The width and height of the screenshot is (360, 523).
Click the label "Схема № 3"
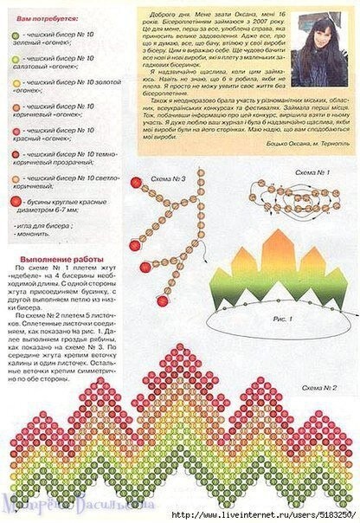coord(168,179)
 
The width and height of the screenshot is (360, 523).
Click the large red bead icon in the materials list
coord(16,200)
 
